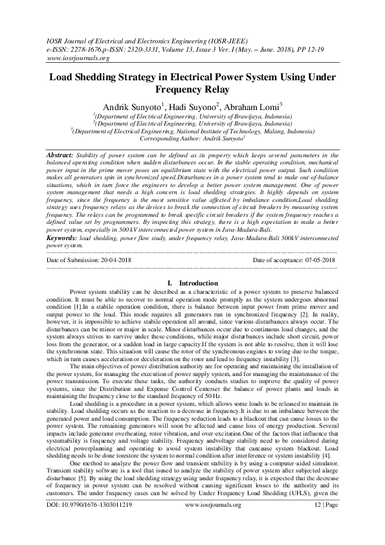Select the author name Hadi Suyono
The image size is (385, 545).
(194, 106)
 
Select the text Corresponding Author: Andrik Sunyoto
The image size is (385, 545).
(192, 139)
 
